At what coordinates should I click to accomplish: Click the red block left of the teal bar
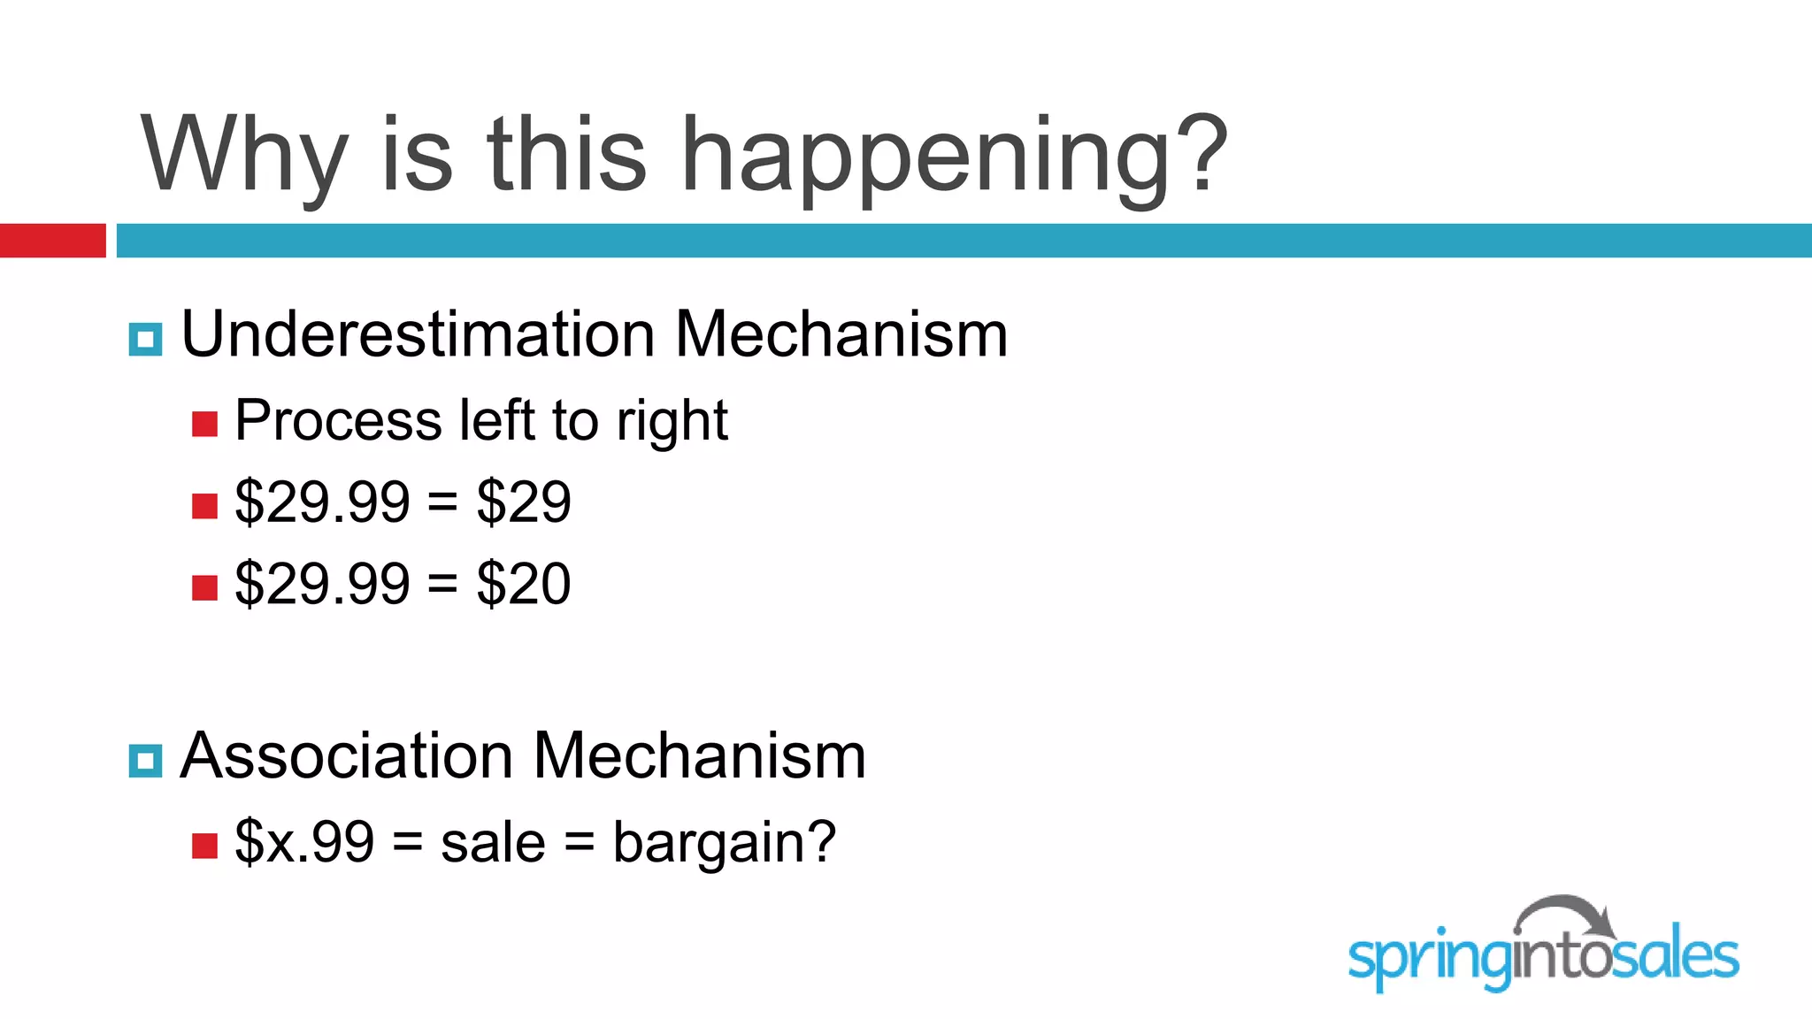click(x=52, y=241)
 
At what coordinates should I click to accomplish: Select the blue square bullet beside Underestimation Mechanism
click(x=145, y=339)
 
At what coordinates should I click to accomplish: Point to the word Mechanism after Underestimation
click(x=841, y=335)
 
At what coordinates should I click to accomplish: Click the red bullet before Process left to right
click(x=204, y=425)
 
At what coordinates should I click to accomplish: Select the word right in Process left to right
click(x=672, y=422)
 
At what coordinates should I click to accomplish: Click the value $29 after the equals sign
click(x=524, y=502)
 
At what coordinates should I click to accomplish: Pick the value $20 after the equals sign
click(x=524, y=584)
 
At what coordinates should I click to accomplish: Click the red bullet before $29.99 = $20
click(x=204, y=588)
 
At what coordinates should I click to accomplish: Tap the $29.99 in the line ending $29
click(x=322, y=502)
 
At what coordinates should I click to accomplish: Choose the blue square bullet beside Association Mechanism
click(x=145, y=761)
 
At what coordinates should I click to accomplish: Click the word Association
click(x=346, y=756)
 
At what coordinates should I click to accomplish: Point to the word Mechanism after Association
click(x=700, y=756)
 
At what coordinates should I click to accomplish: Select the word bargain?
click(x=724, y=843)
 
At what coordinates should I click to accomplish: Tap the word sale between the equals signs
click(x=493, y=843)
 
